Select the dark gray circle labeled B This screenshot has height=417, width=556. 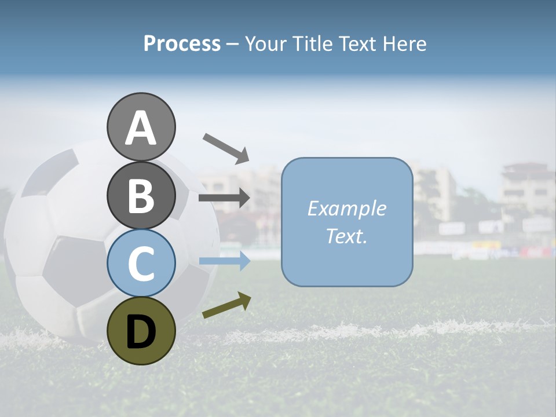(x=141, y=196)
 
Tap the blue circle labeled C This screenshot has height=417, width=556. (x=141, y=263)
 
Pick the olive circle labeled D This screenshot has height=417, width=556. (x=141, y=331)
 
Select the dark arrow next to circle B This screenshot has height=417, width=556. (x=224, y=198)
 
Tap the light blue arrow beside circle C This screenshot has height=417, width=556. (x=224, y=261)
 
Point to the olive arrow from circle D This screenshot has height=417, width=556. (x=226, y=305)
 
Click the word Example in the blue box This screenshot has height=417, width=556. (x=346, y=209)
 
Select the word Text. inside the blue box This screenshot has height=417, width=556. (x=346, y=236)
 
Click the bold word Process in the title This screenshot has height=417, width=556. (x=182, y=43)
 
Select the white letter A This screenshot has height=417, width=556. (x=141, y=128)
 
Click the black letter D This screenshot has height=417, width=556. (x=141, y=332)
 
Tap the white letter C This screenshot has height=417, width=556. (x=141, y=264)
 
